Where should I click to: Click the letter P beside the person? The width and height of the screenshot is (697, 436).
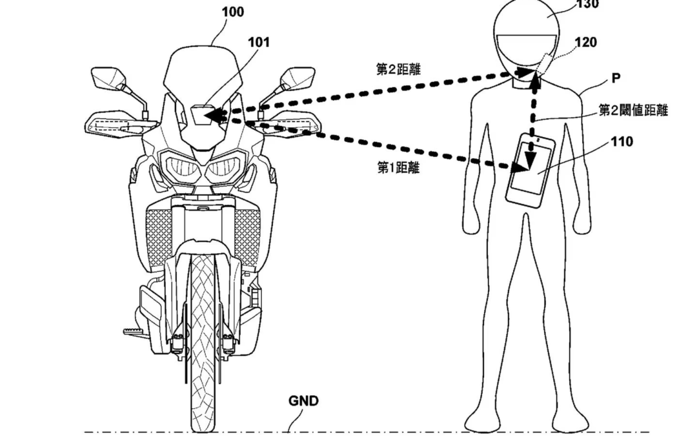tap(616, 79)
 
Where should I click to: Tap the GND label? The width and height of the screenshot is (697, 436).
tap(303, 401)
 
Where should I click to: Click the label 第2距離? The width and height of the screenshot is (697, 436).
tap(398, 68)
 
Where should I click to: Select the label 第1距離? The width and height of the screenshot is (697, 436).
tap(398, 167)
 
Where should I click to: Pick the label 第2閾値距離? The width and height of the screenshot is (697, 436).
tap(633, 111)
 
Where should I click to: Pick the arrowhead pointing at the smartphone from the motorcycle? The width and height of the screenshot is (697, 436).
tap(521, 167)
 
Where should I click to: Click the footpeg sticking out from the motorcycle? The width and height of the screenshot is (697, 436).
tap(132, 331)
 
